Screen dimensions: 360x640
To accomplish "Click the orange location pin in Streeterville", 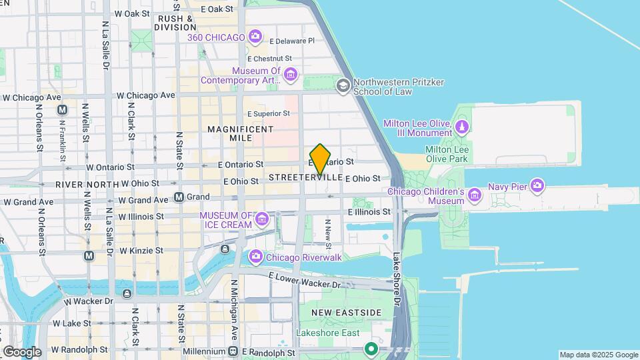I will [321, 159].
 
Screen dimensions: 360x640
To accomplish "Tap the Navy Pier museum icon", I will [537, 187].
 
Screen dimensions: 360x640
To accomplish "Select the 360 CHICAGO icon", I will [254, 37].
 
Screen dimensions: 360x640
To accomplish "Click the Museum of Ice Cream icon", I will [262, 219].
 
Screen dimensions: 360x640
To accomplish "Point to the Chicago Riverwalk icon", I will [255, 257].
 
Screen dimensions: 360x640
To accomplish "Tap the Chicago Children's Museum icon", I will [474, 195].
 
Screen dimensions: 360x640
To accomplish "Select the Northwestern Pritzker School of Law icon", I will [343, 85].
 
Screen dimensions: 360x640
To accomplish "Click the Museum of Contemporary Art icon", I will [290, 75].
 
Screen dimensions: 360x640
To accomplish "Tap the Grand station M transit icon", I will [179, 197].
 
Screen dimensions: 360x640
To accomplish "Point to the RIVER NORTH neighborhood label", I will [85, 184].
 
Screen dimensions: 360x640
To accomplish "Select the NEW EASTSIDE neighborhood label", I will [346, 313].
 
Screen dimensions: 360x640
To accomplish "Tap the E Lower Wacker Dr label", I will [305, 279].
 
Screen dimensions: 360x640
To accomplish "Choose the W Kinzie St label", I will [141, 251].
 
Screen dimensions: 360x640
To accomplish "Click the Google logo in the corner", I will [22, 352].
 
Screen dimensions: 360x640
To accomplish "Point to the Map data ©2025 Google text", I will [598, 355].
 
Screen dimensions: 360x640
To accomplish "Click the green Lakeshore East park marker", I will [371, 349].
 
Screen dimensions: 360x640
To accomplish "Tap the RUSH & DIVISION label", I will [175, 23].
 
